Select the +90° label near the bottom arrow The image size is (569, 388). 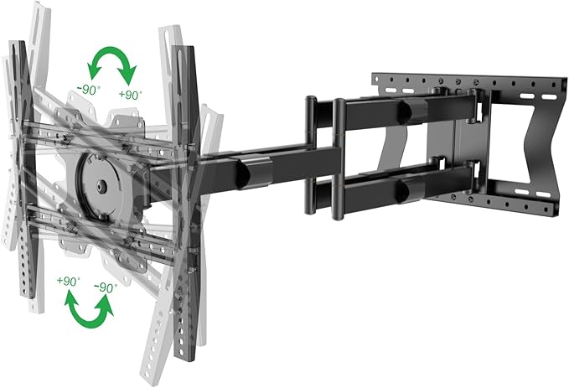pyautogui.click(x=68, y=280)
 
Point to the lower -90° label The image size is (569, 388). pyautogui.click(x=105, y=287)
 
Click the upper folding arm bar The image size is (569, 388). pyautogui.click(x=394, y=111)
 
